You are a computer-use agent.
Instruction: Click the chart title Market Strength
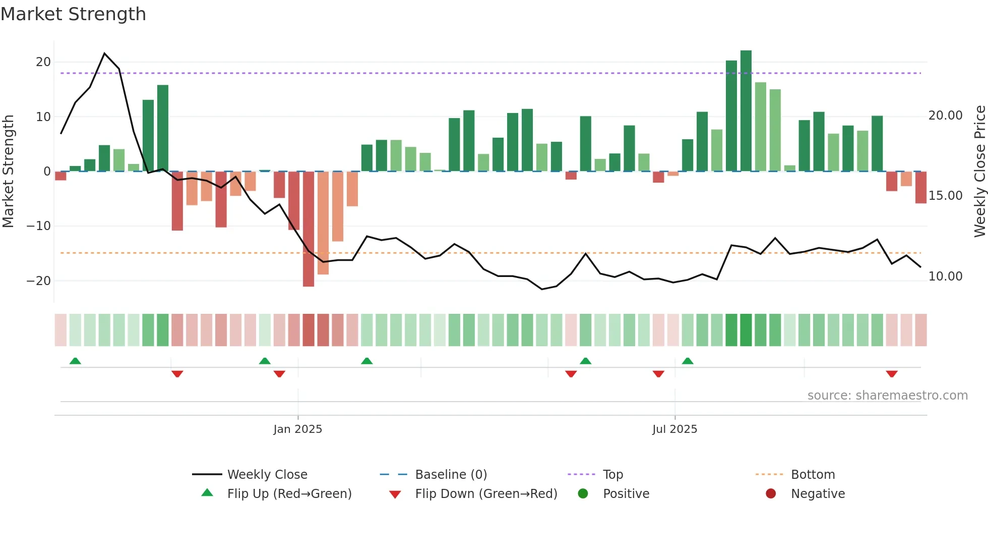[73, 14]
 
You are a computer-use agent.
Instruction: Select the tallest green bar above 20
[746, 111]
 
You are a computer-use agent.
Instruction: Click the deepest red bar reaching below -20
[308, 230]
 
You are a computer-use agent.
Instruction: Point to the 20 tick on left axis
[43, 62]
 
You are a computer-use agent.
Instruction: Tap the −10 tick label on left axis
[39, 226]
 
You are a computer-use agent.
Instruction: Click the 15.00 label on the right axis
[945, 196]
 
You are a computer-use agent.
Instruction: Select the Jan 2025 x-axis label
[297, 429]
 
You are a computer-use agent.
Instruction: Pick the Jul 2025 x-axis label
[674, 429]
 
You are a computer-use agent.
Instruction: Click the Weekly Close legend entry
[267, 475]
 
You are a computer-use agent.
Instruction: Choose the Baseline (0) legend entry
[451, 475]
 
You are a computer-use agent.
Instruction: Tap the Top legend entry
[612, 475]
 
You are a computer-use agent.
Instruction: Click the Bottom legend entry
[813, 475]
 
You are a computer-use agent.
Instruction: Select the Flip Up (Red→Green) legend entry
[289, 494]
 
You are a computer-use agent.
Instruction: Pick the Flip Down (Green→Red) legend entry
[486, 494]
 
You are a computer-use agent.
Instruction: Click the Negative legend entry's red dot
[770, 494]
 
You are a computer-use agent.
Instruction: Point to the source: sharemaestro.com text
[887, 396]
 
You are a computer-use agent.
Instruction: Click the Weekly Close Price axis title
[979, 172]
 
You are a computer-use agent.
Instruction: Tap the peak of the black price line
[104, 53]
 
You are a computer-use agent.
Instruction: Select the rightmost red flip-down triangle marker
[891, 374]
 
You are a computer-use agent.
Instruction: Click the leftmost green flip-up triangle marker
[75, 361]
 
